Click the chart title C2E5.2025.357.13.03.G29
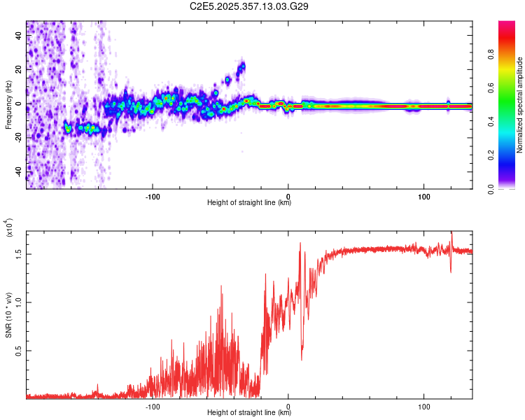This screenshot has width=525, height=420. coord(249,6)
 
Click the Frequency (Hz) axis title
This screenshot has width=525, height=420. coord(8,105)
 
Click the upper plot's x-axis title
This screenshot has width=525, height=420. coord(249,202)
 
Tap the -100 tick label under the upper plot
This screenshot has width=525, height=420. coord(153,195)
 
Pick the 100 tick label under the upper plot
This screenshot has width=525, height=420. coord(423,195)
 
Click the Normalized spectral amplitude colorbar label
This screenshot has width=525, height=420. coord(519,105)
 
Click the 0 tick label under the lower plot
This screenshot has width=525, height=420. coord(288,405)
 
